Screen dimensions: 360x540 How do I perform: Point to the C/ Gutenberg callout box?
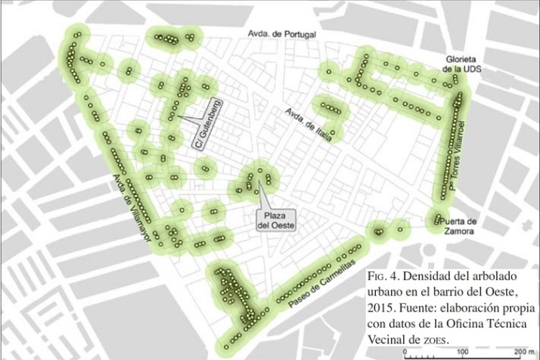coord(205,124)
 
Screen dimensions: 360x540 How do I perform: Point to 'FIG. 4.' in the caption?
coord(383,275)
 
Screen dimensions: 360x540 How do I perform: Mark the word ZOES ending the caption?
coord(434,340)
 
